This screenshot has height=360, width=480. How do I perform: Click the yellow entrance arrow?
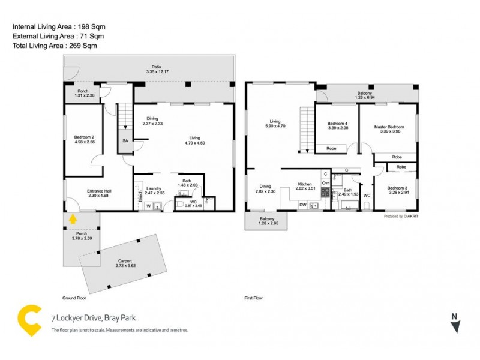click(73, 219)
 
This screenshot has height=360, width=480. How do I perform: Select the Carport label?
click(125, 263)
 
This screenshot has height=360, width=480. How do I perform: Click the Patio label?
click(158, 70)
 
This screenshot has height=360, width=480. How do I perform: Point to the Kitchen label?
click(305, 186)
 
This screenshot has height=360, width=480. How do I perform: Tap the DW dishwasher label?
click(303, 205)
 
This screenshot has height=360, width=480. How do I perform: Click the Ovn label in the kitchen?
click(325, 182)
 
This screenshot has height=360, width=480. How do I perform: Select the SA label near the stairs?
click(125, 140)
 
